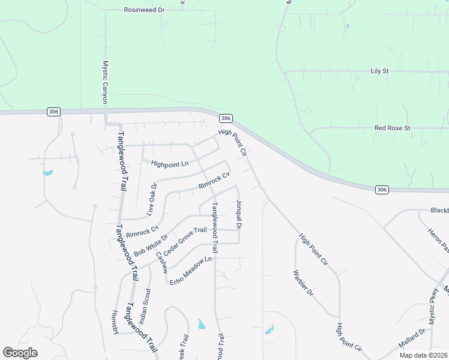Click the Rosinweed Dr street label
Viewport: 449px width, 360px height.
tap(144, 10)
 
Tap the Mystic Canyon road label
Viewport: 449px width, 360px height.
tap(105, 82)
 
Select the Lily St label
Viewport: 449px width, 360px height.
tap(379, 71)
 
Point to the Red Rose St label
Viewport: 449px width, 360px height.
tap(392, 128)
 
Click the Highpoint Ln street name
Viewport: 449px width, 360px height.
tap(169, 164)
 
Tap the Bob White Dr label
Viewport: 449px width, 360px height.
tap(150, 245)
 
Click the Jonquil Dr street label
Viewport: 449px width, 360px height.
tap(239, 215)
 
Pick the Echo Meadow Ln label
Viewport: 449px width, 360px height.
tap(191, 271)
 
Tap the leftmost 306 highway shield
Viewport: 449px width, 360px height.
tap(53, 112)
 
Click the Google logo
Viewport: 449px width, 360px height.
tap(20, 353)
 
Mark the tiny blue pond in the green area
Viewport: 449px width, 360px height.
tap(347, 26)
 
